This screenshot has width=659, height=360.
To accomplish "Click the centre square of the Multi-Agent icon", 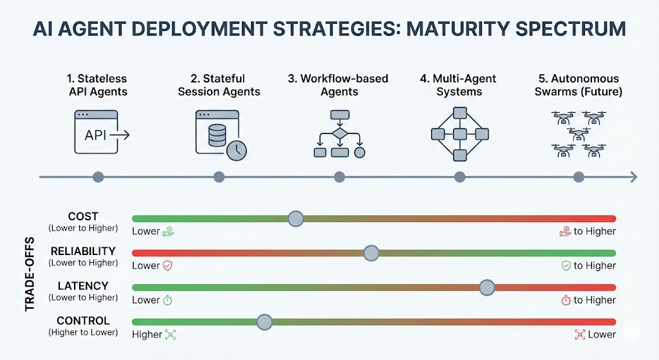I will (x=459, y=134).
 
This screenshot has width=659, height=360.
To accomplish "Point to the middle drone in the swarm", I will (x=578, y=134).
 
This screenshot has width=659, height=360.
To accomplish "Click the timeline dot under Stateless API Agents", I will (x=98, y=177).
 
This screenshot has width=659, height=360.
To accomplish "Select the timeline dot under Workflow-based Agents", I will (x=339, y=177).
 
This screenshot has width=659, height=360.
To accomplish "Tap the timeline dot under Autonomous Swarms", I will (x=579, y=177).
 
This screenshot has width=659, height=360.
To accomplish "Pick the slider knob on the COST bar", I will (x=295, y=219).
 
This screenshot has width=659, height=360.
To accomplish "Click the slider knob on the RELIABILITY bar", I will (x=371, y=253).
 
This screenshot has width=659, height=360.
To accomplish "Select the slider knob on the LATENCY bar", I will (x=487, y=288).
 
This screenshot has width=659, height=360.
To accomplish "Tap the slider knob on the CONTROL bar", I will (x=264, y=322).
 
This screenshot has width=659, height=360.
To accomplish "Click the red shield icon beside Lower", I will (x=167, y=265).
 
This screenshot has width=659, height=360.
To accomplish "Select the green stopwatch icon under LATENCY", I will (x=167, y=300).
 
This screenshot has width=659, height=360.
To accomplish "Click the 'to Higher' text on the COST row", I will (x=595, y=231).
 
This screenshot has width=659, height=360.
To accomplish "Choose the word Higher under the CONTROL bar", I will (x=147, y=334).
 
